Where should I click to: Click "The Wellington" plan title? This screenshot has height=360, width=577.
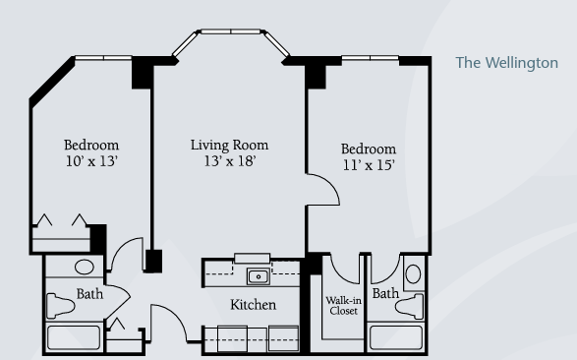506,63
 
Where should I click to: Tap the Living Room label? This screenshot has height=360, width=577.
229,145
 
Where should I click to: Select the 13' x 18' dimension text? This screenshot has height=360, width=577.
230,161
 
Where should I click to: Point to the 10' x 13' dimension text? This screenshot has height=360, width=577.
91,161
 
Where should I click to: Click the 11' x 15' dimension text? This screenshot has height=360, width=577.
369,165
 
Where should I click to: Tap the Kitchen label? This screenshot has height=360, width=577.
254,304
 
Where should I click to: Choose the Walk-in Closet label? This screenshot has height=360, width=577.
344,306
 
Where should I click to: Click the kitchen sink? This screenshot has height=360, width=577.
259,276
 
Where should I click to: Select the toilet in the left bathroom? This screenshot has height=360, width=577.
60,306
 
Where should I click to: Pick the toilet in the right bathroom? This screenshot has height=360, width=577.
410,306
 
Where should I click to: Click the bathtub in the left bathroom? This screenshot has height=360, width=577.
74,337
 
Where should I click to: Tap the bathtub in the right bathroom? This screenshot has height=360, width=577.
396,337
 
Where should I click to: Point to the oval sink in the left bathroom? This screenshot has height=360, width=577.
85,267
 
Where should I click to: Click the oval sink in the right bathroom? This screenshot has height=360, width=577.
413,274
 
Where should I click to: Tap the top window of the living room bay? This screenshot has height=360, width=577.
231,31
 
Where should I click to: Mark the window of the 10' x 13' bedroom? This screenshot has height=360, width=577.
103,58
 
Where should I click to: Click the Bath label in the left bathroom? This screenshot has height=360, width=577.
89,294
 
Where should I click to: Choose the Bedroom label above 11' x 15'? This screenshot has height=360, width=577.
369,149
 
